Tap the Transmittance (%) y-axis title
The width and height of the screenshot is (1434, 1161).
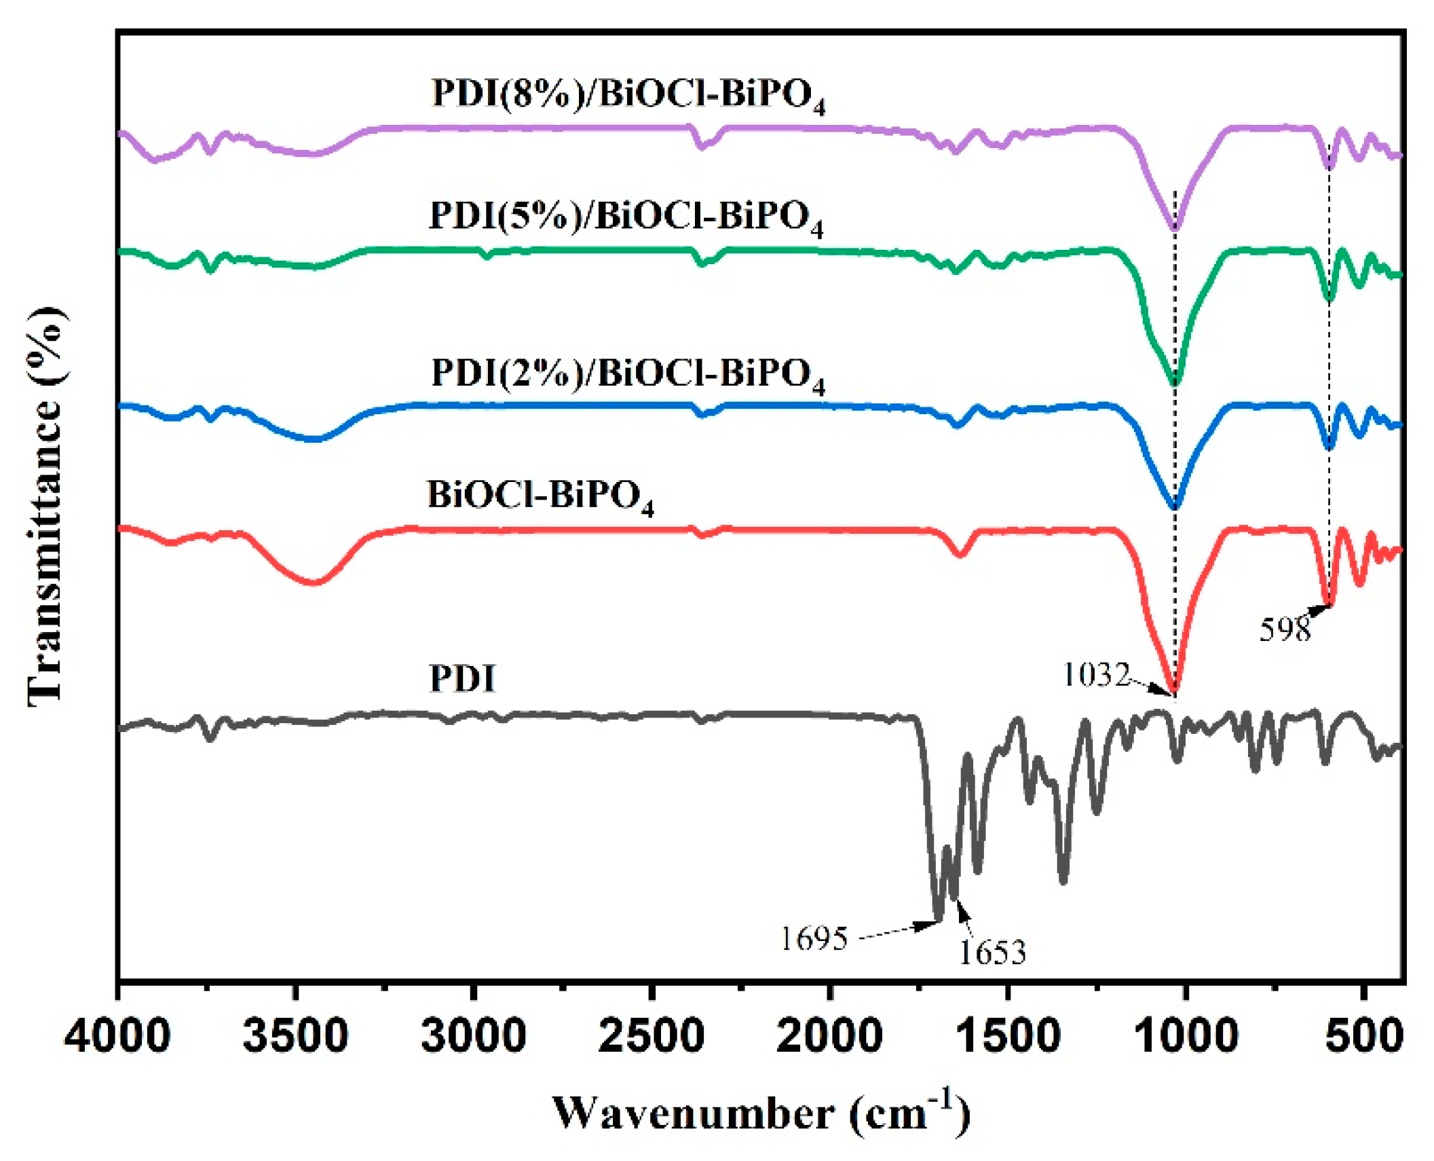tap(46, 505)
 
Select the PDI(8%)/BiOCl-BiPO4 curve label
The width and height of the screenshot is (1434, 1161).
tap(628, 95)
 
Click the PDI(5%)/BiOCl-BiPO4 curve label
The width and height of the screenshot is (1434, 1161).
tap(626, 218)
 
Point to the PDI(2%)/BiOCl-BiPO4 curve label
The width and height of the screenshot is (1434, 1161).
tap(628, 375)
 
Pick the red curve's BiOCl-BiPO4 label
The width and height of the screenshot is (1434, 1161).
tap(540, 496)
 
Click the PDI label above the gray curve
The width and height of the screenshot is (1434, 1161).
tap(462, 678)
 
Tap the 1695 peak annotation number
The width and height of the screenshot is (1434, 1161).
tap(814, 939)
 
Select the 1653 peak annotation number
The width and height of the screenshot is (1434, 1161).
tap(992, 953)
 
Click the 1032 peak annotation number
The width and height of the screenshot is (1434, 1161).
tap(1096, 675)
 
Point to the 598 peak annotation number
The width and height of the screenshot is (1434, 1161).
tap(1285, 630)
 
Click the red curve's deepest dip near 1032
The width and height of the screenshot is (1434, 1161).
tap(1175, 692)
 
